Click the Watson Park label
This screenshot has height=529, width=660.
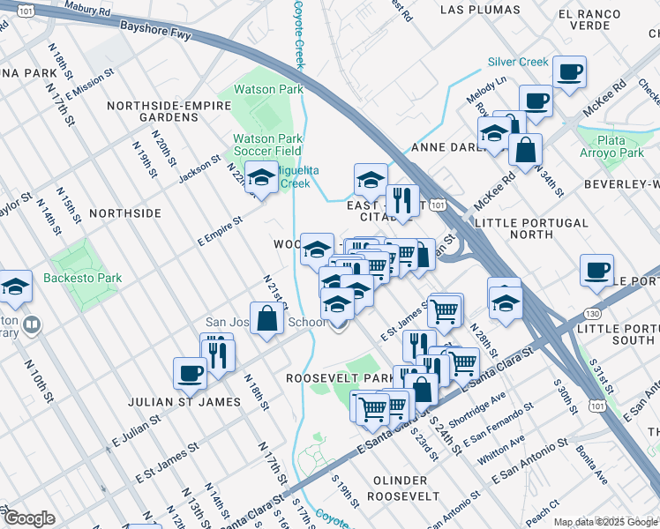pos(268,89)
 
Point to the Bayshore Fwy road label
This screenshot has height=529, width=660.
pos(156,32)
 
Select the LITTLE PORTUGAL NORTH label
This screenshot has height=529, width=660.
pos(531,229)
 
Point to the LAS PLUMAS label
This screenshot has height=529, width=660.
pos(475,11)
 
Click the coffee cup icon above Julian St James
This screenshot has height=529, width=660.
pos(190,373)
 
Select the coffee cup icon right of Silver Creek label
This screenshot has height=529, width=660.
pos(569,71)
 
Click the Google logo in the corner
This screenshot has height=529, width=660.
pos(28,518)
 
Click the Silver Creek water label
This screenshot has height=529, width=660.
pos(518,63)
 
